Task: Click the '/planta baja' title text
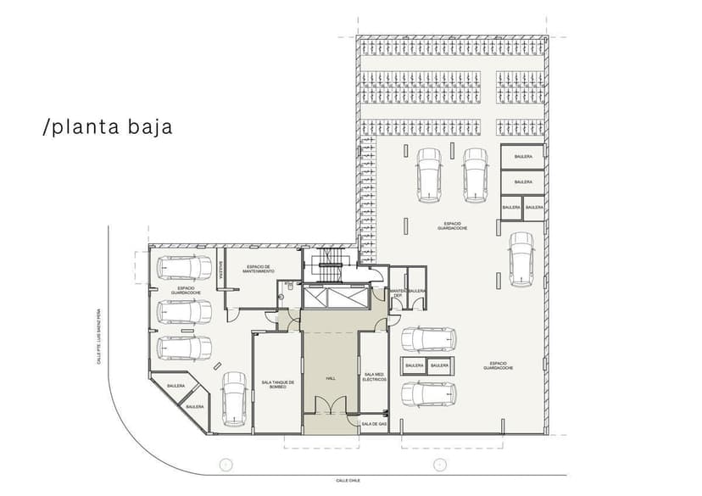108,127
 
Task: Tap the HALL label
331,378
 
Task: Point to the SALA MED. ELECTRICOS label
374,376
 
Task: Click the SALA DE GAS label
374,423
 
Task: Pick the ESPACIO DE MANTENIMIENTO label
259,268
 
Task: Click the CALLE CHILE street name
348,480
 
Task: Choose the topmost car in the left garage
183,268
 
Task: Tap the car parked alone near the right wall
521,259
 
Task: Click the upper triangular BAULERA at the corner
176,387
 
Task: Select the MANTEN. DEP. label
397,293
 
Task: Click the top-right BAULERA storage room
523,158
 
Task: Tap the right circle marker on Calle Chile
439,464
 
